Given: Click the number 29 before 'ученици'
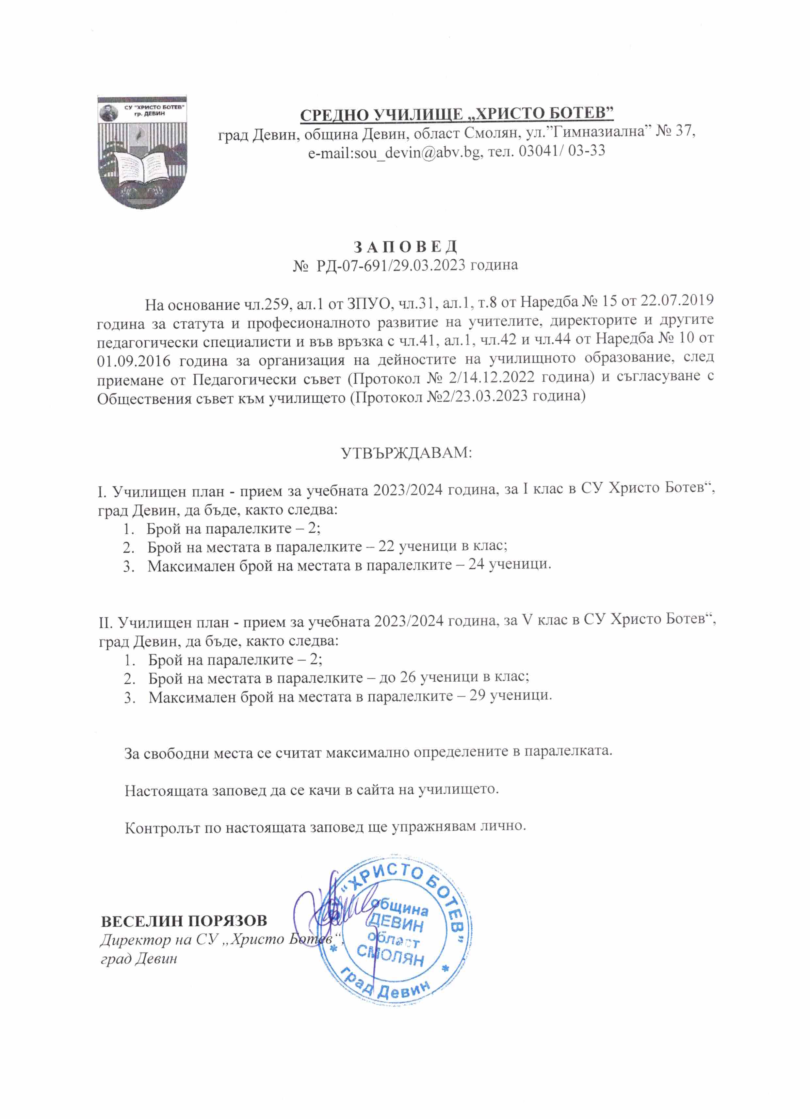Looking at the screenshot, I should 478,696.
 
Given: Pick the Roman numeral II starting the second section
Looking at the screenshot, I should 105,623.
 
